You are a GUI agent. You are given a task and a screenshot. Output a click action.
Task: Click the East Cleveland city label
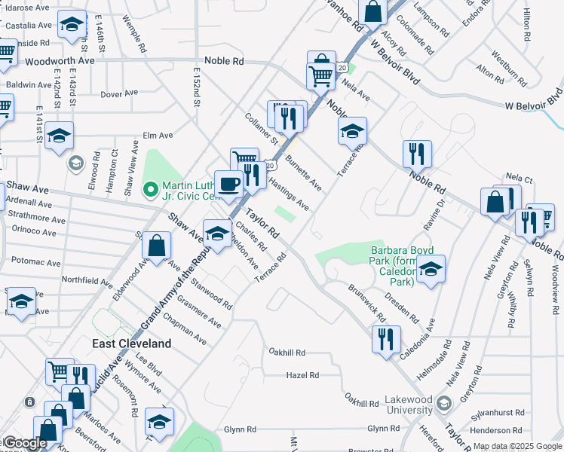point(132,343)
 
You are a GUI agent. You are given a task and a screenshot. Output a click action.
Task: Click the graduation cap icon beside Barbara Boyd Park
point(431,269)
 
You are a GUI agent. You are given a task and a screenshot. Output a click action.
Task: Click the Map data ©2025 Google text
point(516,446)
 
